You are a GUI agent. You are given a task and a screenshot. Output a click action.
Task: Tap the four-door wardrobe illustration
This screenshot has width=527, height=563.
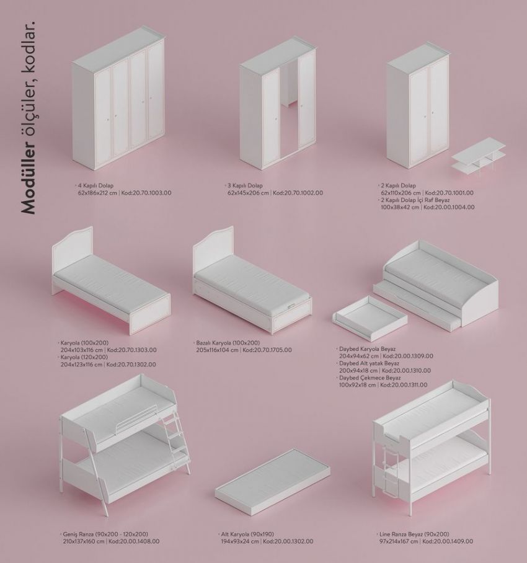tap(119, 98)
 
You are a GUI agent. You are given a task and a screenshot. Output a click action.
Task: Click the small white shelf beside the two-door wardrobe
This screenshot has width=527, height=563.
tap(479, 156)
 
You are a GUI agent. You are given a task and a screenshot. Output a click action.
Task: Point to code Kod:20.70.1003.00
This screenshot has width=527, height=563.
tap(146, 193)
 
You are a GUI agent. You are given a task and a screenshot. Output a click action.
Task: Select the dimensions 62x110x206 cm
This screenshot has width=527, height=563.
tap(401, 193)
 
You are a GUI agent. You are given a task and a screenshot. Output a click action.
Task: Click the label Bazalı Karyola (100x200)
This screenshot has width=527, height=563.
tap(228, 342)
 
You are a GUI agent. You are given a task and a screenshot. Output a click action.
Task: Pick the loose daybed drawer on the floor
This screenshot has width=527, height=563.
tap(370, 317)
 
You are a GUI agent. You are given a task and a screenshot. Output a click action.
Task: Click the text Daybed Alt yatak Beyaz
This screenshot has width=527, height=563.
tap(369, 363)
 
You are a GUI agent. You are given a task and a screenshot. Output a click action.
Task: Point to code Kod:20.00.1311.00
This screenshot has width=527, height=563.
tap(404, 385)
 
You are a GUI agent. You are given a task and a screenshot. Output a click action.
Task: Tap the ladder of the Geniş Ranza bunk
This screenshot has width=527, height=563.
tap(179, 441)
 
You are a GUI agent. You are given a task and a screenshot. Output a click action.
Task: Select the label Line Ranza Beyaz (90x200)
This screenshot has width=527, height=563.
tap(414, 534)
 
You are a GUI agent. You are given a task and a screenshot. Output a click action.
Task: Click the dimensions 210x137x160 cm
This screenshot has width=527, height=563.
tap(84, 541)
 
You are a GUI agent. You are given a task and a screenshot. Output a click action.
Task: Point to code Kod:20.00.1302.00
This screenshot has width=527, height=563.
tap(288, 541)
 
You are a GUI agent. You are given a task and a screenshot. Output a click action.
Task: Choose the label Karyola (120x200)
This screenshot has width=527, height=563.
tap(84, 357)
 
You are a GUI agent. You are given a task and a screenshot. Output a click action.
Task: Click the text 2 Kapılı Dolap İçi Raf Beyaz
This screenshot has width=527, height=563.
tap(415, 200)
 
